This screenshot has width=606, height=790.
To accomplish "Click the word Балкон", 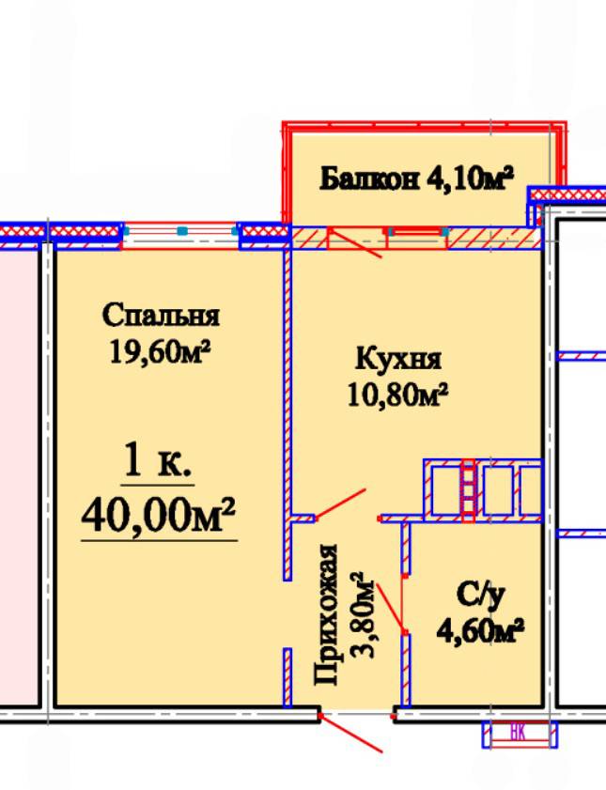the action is [368, 178].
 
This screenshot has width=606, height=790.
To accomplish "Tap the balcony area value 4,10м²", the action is [470, 178].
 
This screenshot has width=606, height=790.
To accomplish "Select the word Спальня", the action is [161, 316].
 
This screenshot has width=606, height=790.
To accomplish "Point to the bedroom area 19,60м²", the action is [160, 351].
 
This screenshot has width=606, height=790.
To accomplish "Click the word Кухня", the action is [398, 359].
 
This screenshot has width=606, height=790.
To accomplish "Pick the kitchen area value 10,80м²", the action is [397, 395].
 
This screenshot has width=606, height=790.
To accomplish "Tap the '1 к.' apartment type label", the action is [157, 460].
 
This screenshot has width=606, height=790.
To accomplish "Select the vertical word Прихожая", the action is [326, 615].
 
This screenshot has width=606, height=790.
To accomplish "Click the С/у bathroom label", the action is [480, 596].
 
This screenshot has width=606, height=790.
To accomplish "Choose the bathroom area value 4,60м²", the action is [480, 630].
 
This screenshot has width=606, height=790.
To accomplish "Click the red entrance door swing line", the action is [351, 734].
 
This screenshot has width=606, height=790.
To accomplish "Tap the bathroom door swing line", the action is [391, 607].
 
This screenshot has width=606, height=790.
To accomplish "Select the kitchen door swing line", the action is [339, 504].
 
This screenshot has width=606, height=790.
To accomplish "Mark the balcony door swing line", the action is [354, 242].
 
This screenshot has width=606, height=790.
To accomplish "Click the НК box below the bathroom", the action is [520, 734].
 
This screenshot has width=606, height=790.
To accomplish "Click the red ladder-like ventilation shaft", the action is [469, 490].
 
